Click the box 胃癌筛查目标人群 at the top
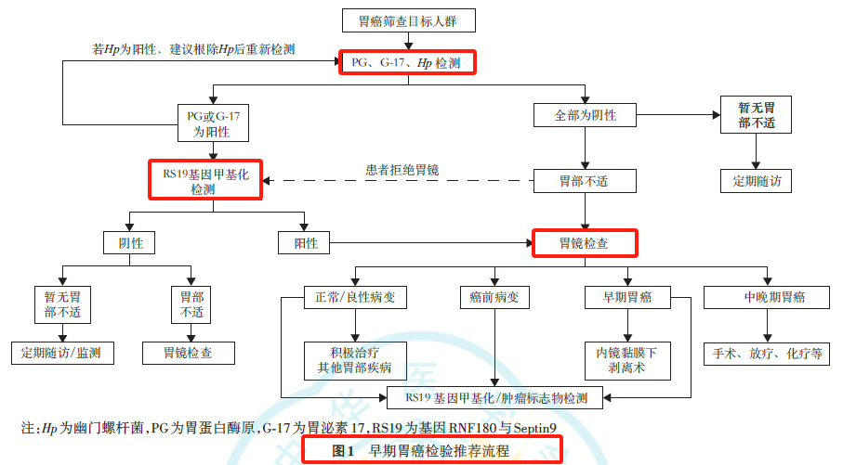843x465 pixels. point(409,21)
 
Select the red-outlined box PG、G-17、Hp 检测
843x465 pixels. point(407,62)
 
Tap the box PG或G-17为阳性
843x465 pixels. point(213,123)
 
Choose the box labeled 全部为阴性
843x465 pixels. point(585,115)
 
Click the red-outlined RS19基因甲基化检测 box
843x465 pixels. point(205,180)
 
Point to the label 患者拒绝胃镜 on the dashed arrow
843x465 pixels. point(402,170)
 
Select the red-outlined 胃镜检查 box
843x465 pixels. point(585,243)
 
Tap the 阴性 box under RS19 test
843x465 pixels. point(129,242)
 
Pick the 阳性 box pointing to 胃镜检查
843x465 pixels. point(304,242)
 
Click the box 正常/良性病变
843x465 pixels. point(355,297)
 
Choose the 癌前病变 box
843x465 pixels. point(494,297)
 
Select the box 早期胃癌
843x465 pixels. point(627,297)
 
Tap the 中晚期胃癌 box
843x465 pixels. point(767,297)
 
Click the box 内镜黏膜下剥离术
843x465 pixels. point(627,360)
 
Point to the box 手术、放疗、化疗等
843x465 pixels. point(767,354)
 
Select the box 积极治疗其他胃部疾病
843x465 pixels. point(355,360)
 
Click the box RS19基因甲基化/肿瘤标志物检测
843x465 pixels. point(494,398)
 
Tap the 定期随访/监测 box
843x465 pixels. point(62,353)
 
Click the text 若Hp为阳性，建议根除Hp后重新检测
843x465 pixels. point(193,49)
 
